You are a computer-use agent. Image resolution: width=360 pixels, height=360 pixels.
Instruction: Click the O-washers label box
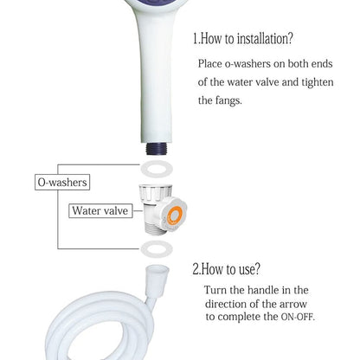(x=62, y=183)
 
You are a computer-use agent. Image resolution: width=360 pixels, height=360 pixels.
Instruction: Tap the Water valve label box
(x=100, y=210)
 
